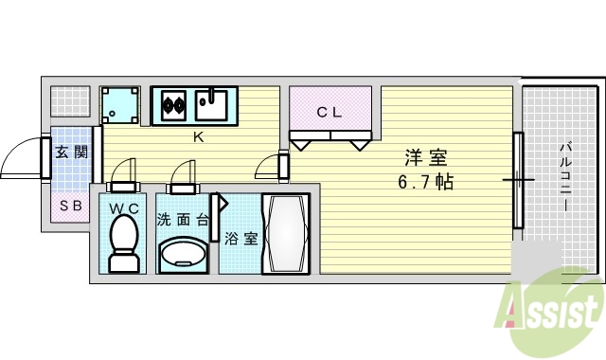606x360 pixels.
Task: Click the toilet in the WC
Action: point(123,242)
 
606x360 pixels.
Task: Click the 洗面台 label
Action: point(183,219)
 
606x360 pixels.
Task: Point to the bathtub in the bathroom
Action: point(285,234)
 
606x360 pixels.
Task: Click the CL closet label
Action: point(330,112)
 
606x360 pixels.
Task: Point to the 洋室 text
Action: point(425,157)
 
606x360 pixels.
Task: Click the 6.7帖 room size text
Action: point(425,181)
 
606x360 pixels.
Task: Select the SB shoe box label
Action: point(70,205)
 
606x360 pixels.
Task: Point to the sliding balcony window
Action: point(518,180)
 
